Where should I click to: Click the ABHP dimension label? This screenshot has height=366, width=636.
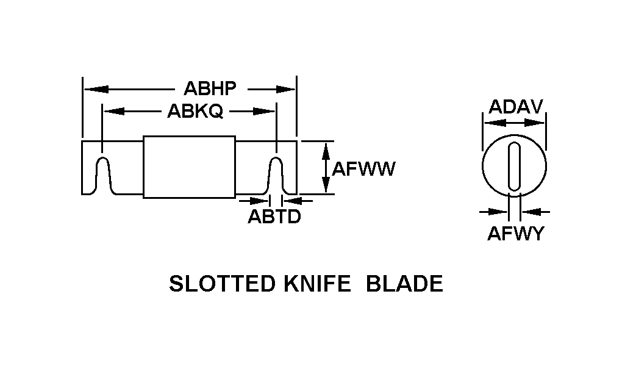tap(210, 89)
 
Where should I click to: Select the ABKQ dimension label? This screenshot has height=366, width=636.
tap(195, 112)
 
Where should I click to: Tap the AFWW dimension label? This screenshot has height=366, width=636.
tap(363, 169)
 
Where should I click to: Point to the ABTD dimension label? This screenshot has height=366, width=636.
tap(274, 217)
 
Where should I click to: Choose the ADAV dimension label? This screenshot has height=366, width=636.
tap(515, 107)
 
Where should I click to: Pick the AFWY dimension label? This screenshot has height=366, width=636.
tap(515, 234)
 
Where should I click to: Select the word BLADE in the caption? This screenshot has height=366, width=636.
tap(404, 284)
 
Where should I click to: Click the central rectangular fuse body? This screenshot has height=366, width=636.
tap(189, 167)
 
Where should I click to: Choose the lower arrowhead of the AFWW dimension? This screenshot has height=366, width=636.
tap(326, 185)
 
